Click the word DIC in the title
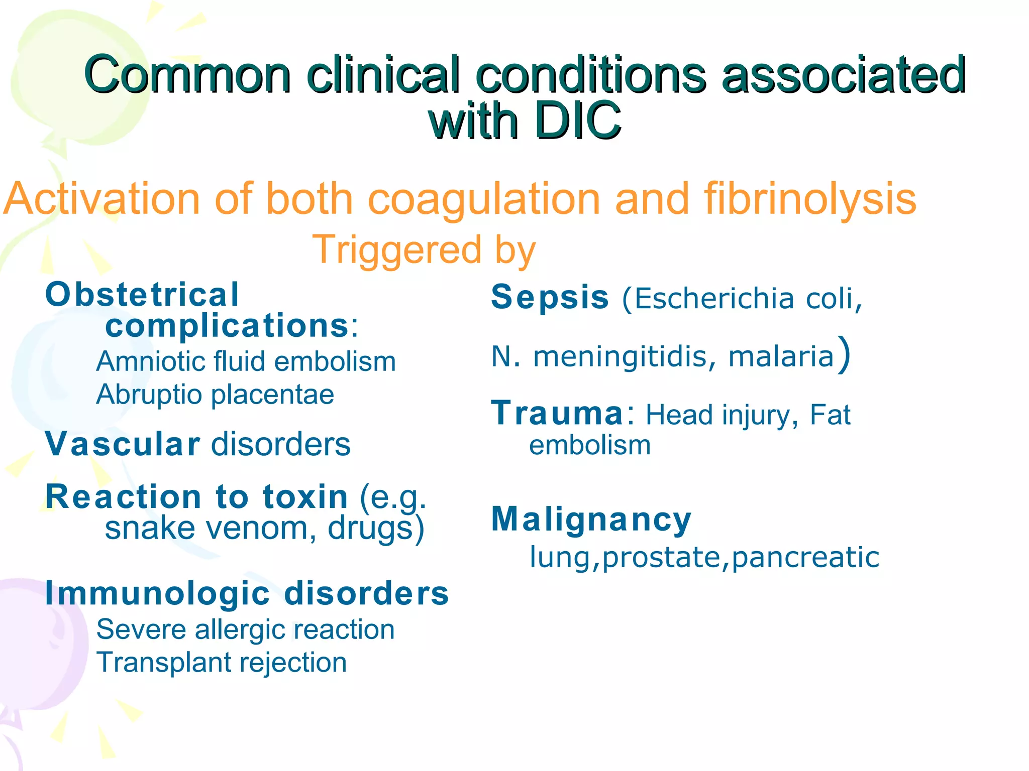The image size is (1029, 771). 578,120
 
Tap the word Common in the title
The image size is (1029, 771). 187,75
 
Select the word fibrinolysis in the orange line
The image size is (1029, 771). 810,199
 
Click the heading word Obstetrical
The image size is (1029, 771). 142,295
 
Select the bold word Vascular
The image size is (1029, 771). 123,445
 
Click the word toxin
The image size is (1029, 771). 305,497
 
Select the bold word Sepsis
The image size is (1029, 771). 550,297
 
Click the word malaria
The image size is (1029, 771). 781,357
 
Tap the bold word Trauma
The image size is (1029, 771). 558,414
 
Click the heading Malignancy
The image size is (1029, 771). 591,520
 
